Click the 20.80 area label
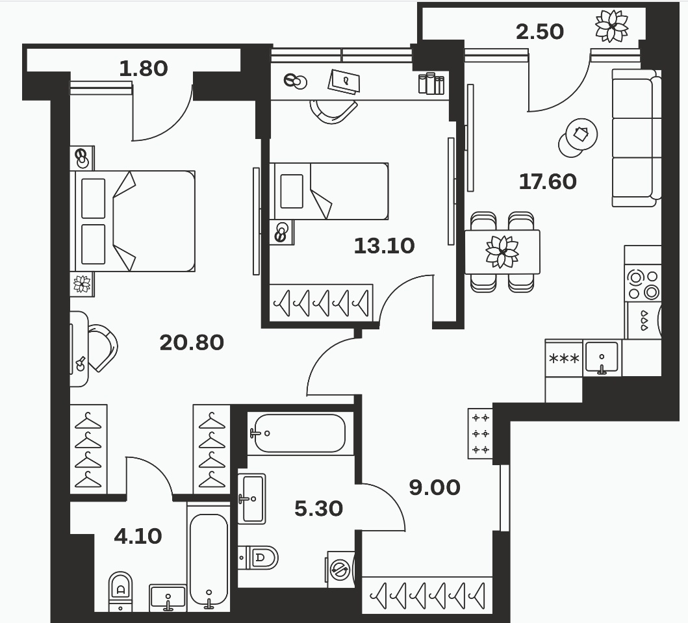pos(192,342)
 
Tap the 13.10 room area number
pos(384,246)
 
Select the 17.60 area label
pos(548,182)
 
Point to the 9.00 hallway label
pos(435,487)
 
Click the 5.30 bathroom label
pos(318,509)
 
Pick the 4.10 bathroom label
pos(138,536)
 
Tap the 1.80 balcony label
pos(144,69)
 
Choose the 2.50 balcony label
pos(540,32)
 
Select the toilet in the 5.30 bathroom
pos(259,557)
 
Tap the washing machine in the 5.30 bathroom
pos(340,570)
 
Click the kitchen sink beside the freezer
pos(602,357)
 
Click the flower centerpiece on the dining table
pos(502,251)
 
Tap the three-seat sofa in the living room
pos(636,138)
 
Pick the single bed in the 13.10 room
pos(329,191)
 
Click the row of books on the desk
pos(431,84)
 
